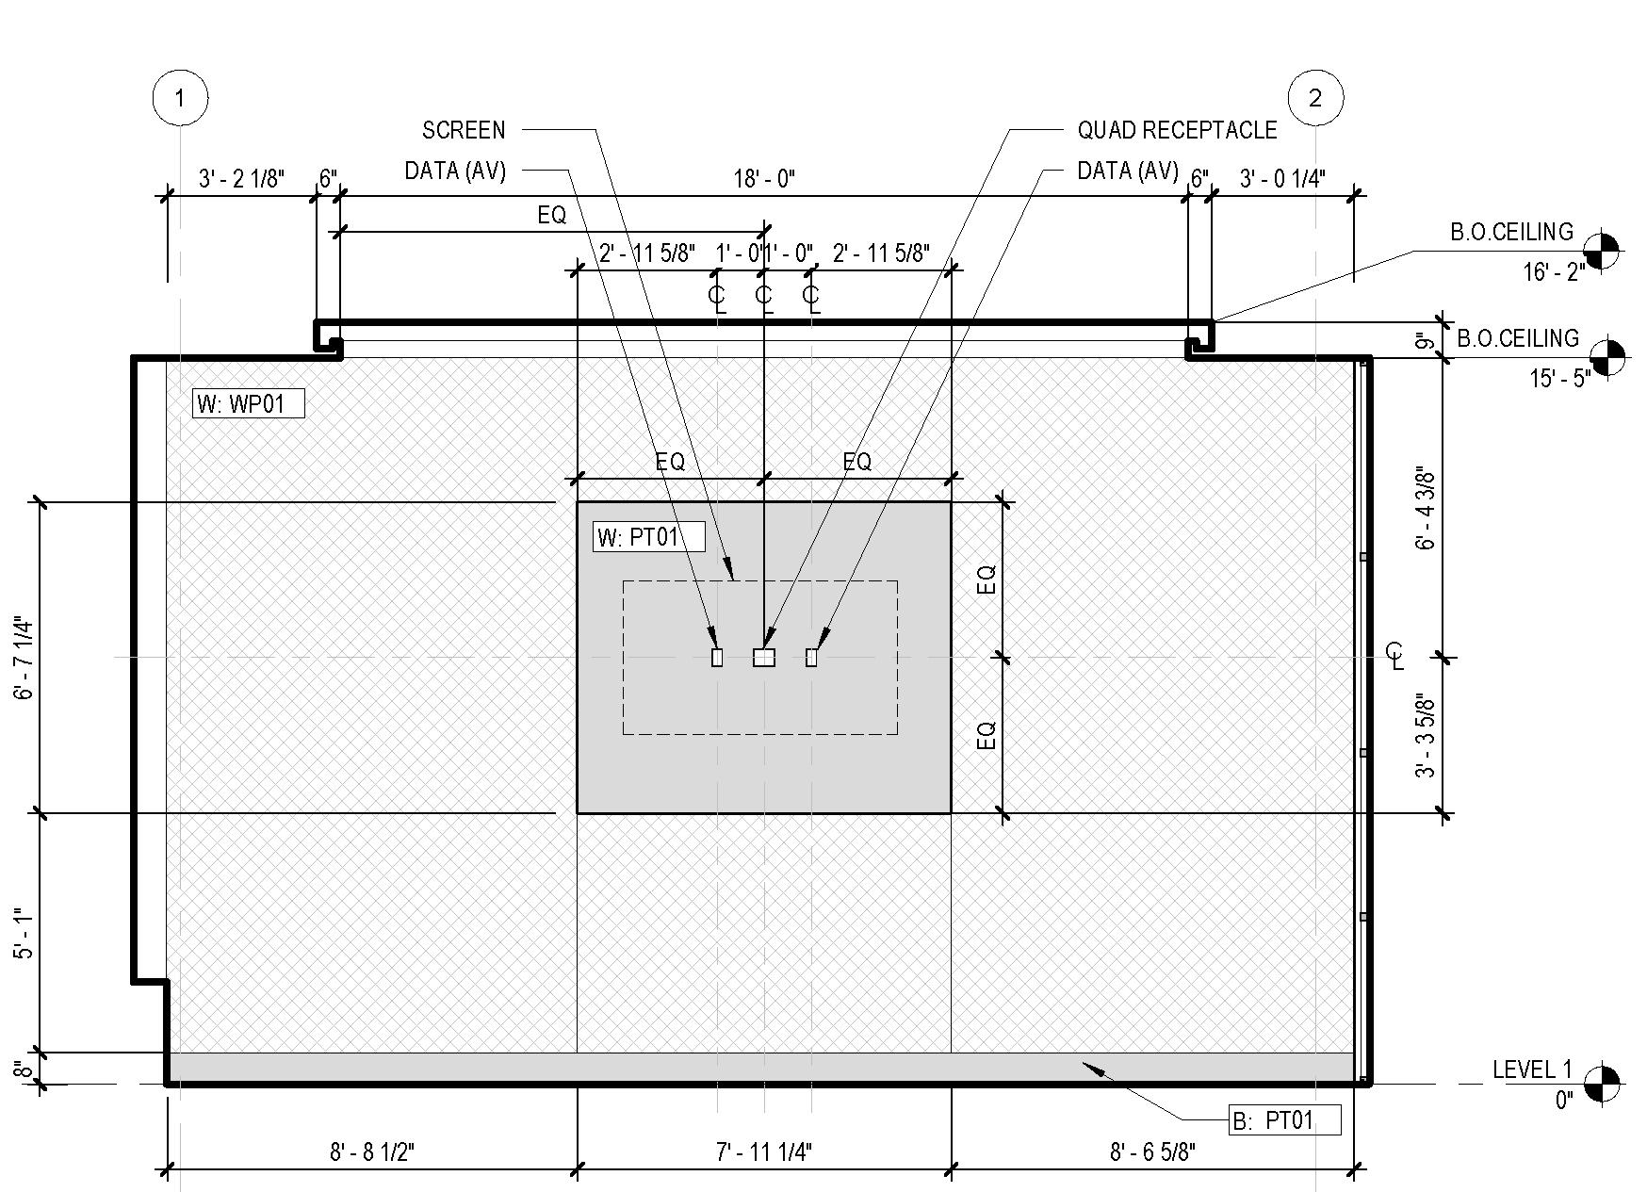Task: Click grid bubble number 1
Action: [x=180, y=97]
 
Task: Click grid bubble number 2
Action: [x=1315, y=97]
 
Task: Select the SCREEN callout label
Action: [x=464, y=130]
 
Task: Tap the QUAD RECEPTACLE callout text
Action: [x=1177, y=130]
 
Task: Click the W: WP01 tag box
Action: [x=249, y=404]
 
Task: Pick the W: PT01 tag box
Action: [x=650, y=537]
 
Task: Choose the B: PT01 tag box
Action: [x=1285, y=1120]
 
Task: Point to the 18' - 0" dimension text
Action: [x=764, y=178]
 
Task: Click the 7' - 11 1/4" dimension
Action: [x=764, y=1151]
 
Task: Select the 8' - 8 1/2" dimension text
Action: [x=372, y=1151]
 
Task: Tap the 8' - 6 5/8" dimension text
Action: [x=1152, y=1151]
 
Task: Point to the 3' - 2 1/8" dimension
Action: [x=241, y=178]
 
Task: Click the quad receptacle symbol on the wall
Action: [x=764, y=658]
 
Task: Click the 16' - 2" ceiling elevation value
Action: [x=1554, y=272]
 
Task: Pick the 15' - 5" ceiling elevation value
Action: [x=1559, y=379]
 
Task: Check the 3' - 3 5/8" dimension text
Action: [x=1427, y=736]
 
